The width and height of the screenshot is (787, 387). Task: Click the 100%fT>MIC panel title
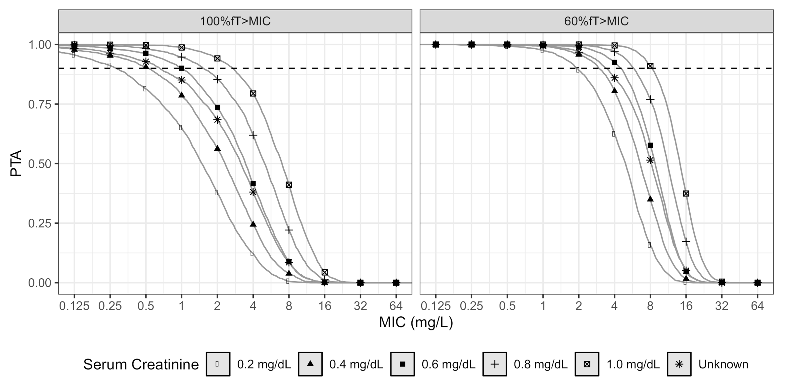coord(235,21)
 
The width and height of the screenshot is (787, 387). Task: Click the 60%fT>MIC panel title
coord(596,21)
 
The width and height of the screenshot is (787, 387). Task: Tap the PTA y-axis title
coord(16,163)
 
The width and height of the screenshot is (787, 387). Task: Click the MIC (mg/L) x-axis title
coord(416,322)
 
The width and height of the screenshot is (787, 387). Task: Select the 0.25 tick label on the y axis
coord(39,223)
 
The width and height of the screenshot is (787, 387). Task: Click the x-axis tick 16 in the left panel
coord(325,306)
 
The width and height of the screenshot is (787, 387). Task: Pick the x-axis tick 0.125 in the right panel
coord(436,306)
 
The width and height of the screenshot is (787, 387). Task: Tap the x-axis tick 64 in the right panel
coord(757,306)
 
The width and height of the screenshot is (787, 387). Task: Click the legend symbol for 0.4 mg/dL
coord(310,364)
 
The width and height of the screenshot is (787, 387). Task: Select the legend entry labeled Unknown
coord(723,364)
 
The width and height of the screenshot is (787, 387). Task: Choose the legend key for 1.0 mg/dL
coord(587,364)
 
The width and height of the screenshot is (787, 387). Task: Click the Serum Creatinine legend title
coord(141,364)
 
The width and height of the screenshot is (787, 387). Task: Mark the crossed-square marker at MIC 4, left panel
coord(253,94)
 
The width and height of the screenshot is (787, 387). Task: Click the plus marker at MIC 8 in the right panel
coord(650,99)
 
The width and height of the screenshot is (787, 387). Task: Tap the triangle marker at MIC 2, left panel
coord(217,148)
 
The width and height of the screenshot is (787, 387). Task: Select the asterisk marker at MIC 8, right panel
coord(650,160)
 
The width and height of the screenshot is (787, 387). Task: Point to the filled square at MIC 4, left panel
coord(253,184)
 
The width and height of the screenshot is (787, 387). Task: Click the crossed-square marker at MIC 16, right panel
coord(686,193)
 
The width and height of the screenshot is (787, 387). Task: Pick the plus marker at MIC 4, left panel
coord(253,135)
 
